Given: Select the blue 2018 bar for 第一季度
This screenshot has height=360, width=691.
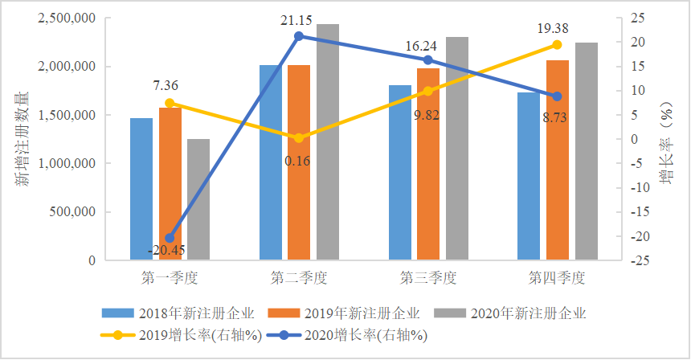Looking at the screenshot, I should pyautogui.click(x=141, y=189).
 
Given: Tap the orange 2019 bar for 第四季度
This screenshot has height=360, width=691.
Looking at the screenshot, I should pyautogui.click(x=558, y=160).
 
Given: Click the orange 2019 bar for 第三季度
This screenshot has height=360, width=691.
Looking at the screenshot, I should pyautogui.click(x=428, y=164).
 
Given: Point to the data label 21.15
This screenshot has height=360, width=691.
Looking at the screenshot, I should pyautogui.click(x=299, y=19).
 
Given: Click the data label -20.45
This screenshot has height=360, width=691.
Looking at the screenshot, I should pyautogui.click(x=166, y=250).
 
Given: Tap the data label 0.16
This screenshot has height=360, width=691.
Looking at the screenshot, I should pyautogui.click(x=298, y=161).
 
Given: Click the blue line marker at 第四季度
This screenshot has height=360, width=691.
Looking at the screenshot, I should pyautogui.click(x=558, y=96).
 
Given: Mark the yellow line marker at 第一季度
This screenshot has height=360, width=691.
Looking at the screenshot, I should pyautogui.click(x=170, y=103).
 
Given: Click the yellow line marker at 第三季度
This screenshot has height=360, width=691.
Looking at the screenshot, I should pyautogui.click(x=428, y=91).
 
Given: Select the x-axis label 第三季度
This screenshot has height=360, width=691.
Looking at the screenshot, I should pyautogui.click(x=428, y=278).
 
